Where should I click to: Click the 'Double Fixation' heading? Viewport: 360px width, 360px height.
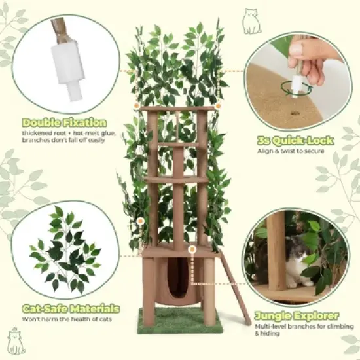[x=64, y=122]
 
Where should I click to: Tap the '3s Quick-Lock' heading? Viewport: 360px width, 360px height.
[x=295, y=140]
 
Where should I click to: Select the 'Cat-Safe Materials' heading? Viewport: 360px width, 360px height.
[x=71, y=308]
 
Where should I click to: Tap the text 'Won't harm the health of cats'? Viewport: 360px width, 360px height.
[x=68, y=319]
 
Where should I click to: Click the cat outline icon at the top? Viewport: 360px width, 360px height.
[x=251, y=21]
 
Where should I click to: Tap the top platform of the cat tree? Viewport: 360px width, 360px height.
[x=177, y=109]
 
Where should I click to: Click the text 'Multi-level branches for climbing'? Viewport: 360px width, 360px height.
[x=288, y=326]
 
